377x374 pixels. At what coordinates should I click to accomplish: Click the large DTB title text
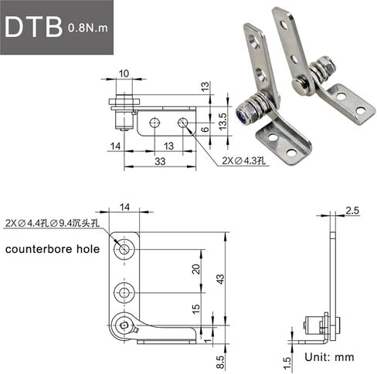click(33, 27)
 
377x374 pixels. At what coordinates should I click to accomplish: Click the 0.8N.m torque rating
click(88, 28)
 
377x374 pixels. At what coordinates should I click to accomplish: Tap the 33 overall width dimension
click(160, 161)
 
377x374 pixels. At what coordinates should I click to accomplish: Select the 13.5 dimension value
click(222, 121)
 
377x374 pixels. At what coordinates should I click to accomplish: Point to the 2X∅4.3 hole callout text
click(243, 161)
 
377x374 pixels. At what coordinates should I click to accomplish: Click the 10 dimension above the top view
click(124, 74)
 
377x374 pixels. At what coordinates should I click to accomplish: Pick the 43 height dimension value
click(221, 279)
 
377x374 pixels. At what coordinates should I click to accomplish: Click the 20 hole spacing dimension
click(196, 269)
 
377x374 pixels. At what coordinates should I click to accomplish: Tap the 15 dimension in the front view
click(196, 308)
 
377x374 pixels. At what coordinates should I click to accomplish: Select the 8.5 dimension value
click(221, 362)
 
